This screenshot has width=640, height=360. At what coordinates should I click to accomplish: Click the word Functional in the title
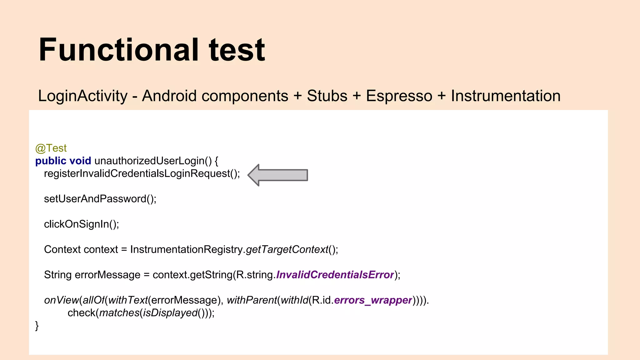click(x=119, y=50)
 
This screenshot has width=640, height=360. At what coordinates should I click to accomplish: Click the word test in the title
click(x=237, y=50)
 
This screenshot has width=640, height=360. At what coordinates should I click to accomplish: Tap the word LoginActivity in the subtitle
click(x=83, y=96)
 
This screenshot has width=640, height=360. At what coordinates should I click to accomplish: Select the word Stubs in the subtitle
click(x=327, y=96)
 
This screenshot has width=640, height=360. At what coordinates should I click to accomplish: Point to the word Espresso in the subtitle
click(x=399, y=96)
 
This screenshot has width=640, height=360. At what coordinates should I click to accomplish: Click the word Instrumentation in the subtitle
click(x=506, y=96)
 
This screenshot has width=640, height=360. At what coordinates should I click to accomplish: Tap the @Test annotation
click(x=51, y=148)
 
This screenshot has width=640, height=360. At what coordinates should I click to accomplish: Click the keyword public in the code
click(x=51, y=161)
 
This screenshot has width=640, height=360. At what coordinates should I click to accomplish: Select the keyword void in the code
click(x=80, y=161)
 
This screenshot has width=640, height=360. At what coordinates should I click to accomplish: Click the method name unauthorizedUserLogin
click(x=149, y=161)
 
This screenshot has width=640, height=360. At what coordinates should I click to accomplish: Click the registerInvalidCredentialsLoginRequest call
click(x=137, y=173)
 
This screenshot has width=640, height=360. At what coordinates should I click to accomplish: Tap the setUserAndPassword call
click(x=95, y=199)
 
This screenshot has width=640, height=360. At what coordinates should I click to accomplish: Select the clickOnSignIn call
click(x=77, y=224)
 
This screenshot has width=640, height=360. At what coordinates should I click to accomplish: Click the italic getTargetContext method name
click(x=287, y=249)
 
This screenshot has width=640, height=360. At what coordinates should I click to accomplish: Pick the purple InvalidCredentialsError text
click(x=335, y=275)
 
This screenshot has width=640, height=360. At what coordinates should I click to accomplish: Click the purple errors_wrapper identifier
click(x=373, y=300)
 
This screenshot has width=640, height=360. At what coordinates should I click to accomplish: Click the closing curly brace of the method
click(x=37, y=326)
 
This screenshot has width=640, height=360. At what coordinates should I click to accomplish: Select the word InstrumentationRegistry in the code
click(x=186, y=249)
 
